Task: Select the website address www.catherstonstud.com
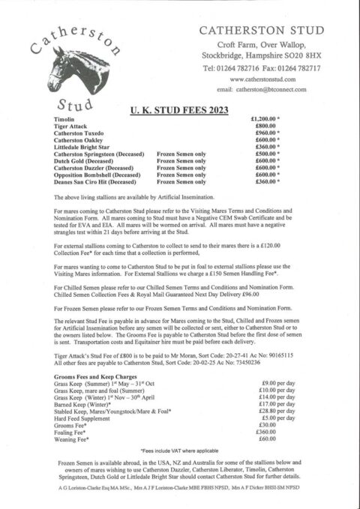click(262, 79)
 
